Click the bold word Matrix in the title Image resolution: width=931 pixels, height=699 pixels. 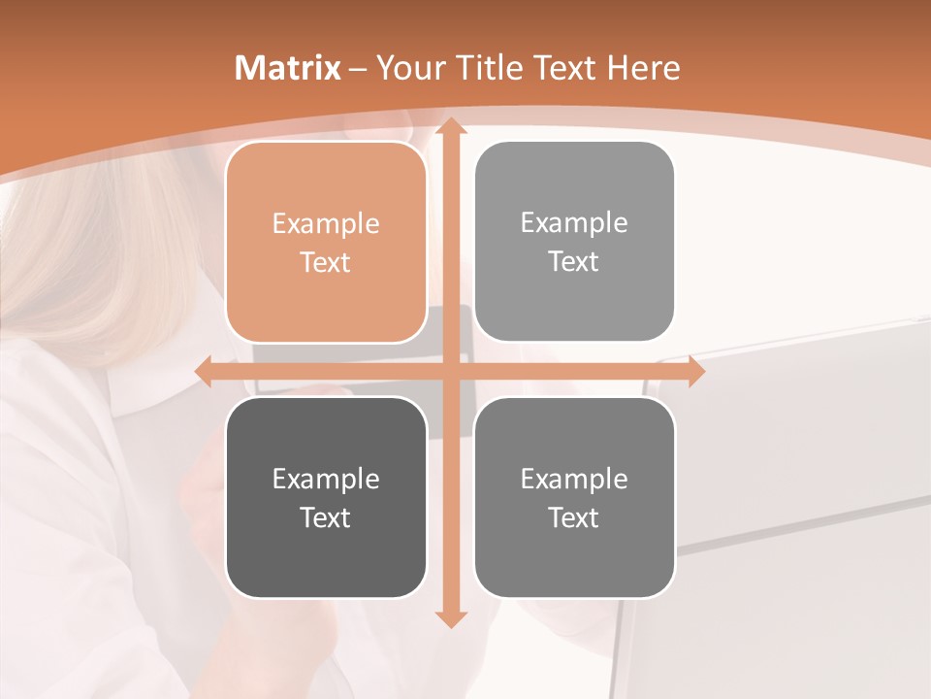(288, 68)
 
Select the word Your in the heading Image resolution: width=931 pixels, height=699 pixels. (408, 68)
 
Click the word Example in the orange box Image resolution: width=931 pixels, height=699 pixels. (326, 223)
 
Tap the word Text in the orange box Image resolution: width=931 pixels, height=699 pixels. (326, 262)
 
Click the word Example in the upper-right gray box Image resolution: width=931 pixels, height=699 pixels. (574, 222)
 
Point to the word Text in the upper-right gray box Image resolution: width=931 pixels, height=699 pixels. (574, 261)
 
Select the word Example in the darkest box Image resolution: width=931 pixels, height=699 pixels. (326, 479)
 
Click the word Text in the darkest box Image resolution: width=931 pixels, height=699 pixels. (326, 517)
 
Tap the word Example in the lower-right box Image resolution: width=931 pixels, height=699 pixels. (574, 479)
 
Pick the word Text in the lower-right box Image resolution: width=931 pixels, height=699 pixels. (574, 517)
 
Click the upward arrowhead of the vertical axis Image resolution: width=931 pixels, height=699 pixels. (450, 126)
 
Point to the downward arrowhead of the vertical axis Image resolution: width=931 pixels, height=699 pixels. (450, 618)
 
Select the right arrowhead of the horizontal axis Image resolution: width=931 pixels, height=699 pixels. (695, 371)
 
